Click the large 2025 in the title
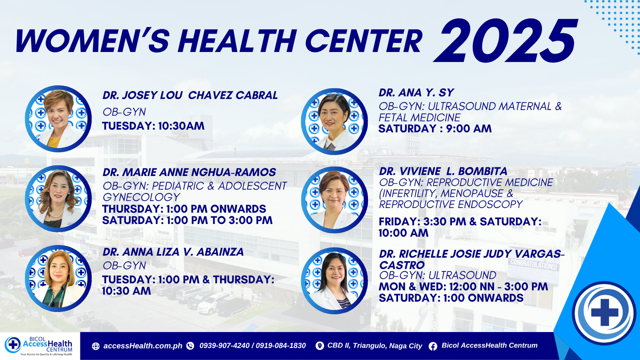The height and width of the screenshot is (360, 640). [x=505, y=40]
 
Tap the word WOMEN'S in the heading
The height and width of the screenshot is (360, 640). [x=92, y=40]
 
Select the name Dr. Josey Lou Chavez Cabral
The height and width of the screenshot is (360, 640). [x=190, y=95]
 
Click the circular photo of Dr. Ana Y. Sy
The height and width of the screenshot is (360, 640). [x=334, y=122]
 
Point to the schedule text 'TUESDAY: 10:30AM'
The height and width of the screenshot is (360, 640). [x=154, y=126]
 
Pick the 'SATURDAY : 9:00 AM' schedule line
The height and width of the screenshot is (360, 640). [x=435, y=128]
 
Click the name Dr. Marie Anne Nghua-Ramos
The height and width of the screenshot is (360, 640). [x=189, y=172]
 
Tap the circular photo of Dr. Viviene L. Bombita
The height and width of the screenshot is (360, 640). [x=334, y=200]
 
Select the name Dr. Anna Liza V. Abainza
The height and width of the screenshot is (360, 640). [x=173, y=252]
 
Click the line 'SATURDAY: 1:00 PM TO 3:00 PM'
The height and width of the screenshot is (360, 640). [x=188, y=220]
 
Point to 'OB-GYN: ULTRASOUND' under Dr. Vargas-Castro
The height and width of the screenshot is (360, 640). [x=438, y=275]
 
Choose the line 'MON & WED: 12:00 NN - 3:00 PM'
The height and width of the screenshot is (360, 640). [x=464, y=286]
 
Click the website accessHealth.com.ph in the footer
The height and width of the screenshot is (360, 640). [x=142, y=346]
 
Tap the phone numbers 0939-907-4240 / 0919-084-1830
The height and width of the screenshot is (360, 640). [x=252, y=346]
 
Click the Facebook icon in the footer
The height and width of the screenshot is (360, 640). [x=433, y=346]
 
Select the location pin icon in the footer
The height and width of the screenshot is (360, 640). [x=320, y=346]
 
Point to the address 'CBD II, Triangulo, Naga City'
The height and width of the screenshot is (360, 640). [x=374, y=346]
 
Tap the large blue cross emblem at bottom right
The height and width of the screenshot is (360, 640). [x=604, y=312]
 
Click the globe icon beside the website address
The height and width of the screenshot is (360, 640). [x=96, y=346]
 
